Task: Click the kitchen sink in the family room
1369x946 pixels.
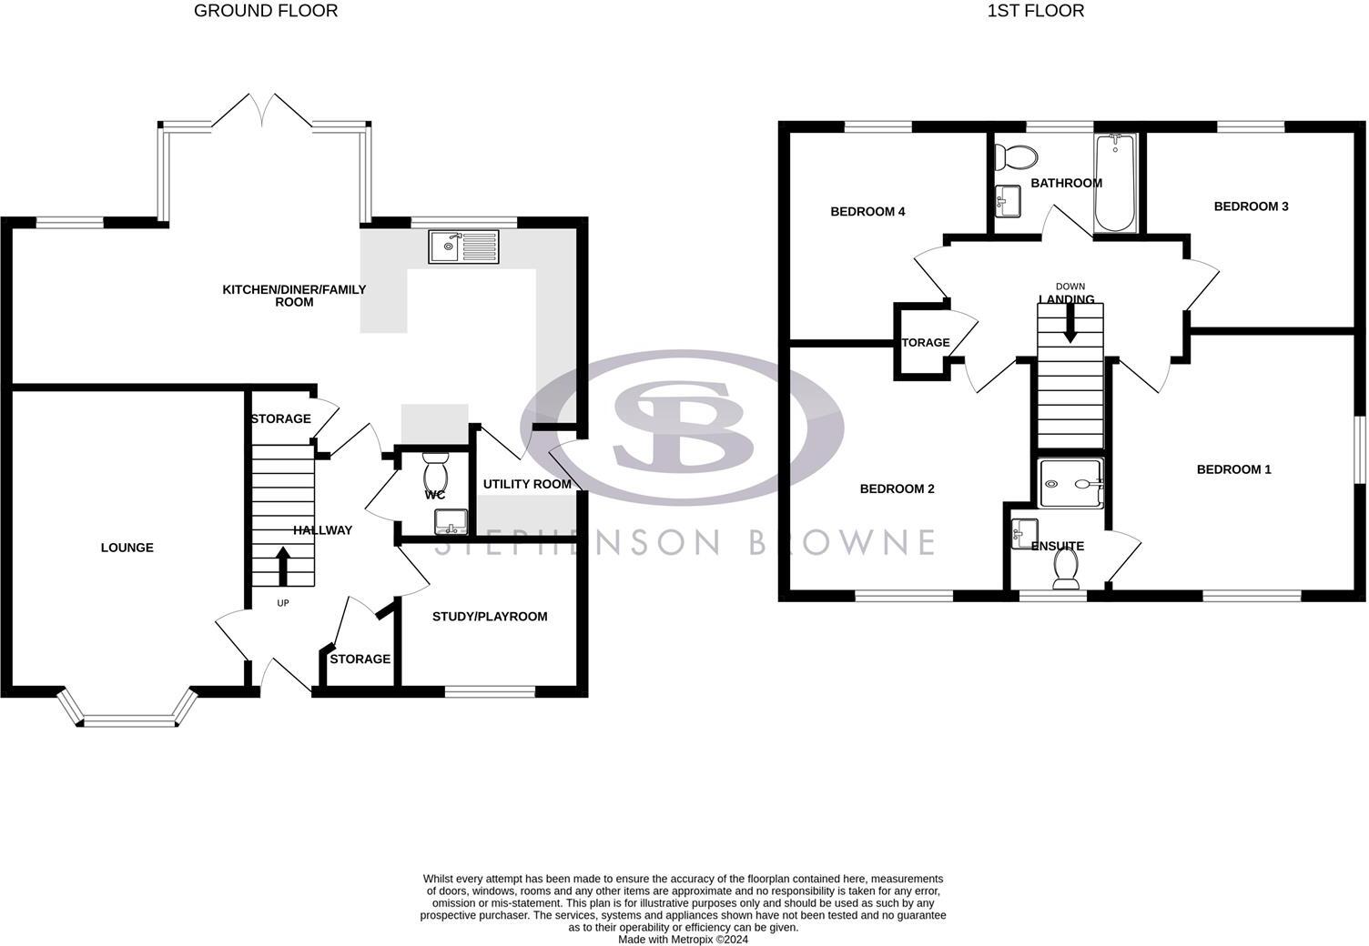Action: pyautogui.click(x=463, y=247)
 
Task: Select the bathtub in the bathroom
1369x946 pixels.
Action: pyautogui.click(x=1115, y=183)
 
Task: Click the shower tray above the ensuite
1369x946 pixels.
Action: pyautogui.click(x=1070, y=483)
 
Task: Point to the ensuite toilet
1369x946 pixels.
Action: pyautogui.click(x=1066, y=569)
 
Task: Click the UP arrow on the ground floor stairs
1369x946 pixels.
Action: pyautogui.click(x=283, y=566)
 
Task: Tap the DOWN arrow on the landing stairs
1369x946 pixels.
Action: pyautogui.click(x=1070, y=323)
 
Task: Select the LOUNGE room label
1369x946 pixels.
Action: pyautogui.click(x=127, y=548)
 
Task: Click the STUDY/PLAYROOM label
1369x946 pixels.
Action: pyautogui.click(x=490, y=617)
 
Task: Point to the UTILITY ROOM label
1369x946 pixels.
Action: pyautogui.click(x=527, y=484)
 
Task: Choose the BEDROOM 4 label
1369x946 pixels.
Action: pyautogui.click(x=867, y=212)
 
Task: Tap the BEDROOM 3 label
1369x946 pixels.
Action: pyautogui.click(x=1251, y=206)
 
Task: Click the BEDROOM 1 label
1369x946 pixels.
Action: pyautogui.click(x=1234, y=469)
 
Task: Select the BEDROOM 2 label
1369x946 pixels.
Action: pyautogui.click(x=897, y=488)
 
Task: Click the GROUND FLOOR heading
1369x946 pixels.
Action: pyautogui.click(x=266, y=11)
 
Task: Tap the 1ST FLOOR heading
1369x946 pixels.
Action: pyautogui.click(x=1036, y=11)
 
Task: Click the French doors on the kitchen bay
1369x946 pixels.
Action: pyautogui.click(x=261, y=111)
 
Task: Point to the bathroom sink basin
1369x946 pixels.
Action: pyautogui.click(x=1008, y=201)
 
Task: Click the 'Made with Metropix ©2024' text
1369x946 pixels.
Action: pyautogui.click(x=683, y=940)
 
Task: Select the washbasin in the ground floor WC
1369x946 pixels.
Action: pyautogui.click(x=451, y=522)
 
